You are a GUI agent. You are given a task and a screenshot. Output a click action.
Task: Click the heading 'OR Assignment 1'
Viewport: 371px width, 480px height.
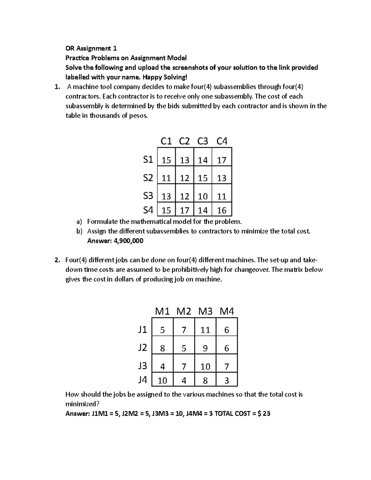91,48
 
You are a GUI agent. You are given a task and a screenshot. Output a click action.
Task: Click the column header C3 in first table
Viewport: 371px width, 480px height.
203,141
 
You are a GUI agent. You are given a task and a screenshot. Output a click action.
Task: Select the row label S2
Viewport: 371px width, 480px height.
148,178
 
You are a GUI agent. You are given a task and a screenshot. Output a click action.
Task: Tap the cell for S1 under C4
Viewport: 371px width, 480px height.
222,160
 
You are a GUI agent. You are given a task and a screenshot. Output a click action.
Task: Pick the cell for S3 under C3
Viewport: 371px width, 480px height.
203,196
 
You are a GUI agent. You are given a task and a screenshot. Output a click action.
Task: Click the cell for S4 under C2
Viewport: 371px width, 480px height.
185,210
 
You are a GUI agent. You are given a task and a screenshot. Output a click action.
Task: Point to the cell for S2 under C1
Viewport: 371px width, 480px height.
166,178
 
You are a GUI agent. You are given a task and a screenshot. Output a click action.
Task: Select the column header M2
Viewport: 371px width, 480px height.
184,311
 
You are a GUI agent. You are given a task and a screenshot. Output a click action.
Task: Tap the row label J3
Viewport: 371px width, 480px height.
143,366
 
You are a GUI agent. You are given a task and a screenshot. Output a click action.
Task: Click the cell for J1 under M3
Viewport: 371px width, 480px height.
205,330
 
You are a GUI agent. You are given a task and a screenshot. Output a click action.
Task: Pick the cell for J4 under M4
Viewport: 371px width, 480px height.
227,380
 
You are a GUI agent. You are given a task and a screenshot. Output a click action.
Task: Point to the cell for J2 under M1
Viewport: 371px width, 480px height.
162,349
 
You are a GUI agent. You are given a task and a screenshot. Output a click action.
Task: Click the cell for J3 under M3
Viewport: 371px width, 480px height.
205,367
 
